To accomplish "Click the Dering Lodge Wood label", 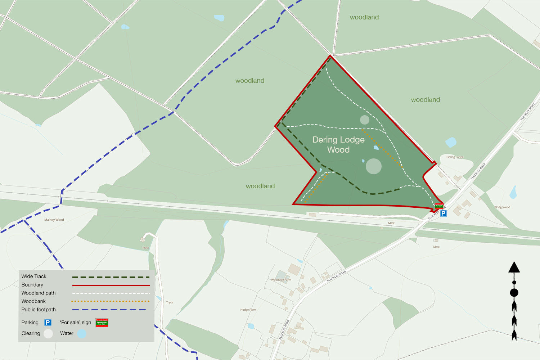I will click(x=338, y=145).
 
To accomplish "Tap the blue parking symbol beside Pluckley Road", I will click(x=444, y=213).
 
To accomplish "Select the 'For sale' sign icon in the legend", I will click(x=102, y=323).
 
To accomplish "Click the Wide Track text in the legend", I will click(x=34, y=276).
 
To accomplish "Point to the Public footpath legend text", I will click(x=39, y=310).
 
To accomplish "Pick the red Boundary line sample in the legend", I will click(x=111, y=285).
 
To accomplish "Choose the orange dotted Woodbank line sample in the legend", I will click(x=111, y=301).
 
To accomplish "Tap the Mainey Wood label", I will click(x=54, y=220).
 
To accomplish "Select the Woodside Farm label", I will click(x=281, y=280).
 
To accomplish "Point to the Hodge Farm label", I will click(x=248, y=310).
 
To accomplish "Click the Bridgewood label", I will click(x=502, y=207).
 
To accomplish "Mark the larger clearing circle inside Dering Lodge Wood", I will click(x=374, y=166).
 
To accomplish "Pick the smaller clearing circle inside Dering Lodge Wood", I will click(x=365, y=120).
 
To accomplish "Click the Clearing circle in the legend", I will click(x=48, y=334).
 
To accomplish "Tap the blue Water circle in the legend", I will click(x=82, y=334).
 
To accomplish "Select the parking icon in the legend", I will click(x=48, y=323).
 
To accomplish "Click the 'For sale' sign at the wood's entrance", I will click(x=439, y=206).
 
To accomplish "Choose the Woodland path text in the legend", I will click(x=39, y=293).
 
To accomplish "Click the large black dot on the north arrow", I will click(x=514, y=293).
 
